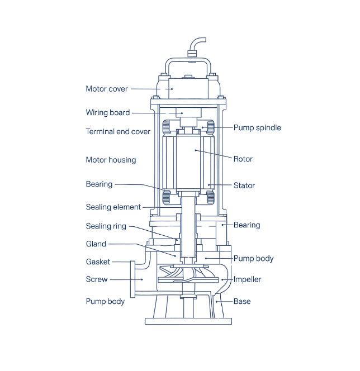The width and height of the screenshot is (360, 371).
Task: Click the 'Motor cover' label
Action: tap(107, 88)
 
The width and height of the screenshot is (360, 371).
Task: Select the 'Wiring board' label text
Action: tap(107, 112)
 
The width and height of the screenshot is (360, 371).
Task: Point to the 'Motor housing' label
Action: tap(111, 160)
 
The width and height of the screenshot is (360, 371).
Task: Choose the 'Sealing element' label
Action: tap(112, 206)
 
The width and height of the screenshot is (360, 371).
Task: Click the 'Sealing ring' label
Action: tap(106, 226)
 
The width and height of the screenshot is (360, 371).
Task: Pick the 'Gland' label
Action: tap(96, 244)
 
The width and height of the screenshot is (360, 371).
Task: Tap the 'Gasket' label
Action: tap(98, 261)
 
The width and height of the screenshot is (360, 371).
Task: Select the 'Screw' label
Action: tap(96, 279)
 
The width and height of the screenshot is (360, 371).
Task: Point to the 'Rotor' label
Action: tap(243, 158)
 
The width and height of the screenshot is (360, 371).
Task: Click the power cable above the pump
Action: tap(198, 45)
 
